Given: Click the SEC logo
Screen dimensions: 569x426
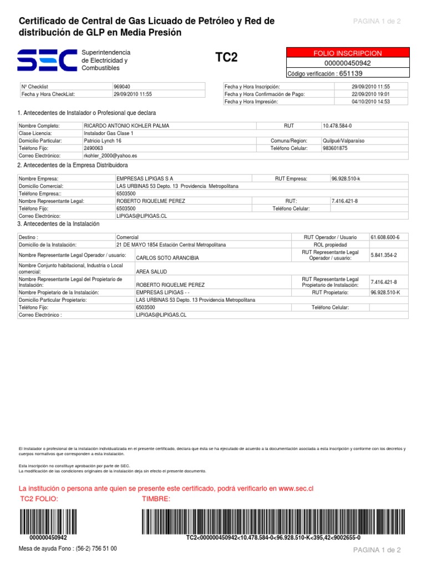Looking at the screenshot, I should click(47, 59).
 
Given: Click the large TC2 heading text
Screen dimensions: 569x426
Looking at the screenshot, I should click(226, 58).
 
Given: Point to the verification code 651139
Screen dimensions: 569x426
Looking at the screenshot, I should click(351, 73).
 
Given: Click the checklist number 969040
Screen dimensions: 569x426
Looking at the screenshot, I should click(122, 87).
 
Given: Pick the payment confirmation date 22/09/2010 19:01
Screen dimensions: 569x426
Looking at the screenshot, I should click(371, 94).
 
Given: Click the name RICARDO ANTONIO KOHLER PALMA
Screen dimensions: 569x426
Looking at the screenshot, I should click(126, 126).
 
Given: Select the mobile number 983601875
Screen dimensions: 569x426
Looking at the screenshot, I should click(335, 148).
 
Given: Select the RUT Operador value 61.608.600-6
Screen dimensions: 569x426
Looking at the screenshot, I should click(388, 237).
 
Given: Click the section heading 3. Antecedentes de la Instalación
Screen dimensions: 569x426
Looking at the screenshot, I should click(58, 223).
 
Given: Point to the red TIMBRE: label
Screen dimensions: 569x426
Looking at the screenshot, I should click(156, 498).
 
